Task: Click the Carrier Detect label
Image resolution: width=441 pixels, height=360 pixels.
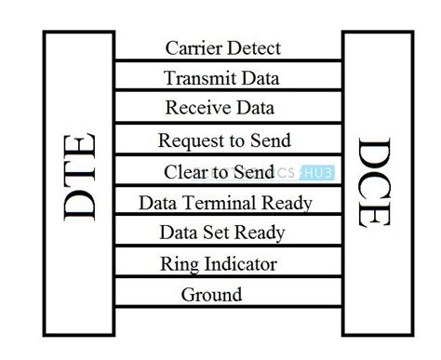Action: [222, 47]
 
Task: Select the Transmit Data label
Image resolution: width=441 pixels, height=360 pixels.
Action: [221, 78]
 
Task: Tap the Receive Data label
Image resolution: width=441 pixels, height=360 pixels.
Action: [220, 108]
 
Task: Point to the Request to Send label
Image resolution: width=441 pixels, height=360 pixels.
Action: [224, 140]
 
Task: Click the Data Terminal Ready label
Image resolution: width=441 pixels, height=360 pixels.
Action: [225, 202]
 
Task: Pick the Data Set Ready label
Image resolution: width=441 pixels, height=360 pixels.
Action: [221, 233]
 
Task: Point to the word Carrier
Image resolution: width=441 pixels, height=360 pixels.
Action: [192, 47]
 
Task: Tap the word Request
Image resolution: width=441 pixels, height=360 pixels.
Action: [186, 141]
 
